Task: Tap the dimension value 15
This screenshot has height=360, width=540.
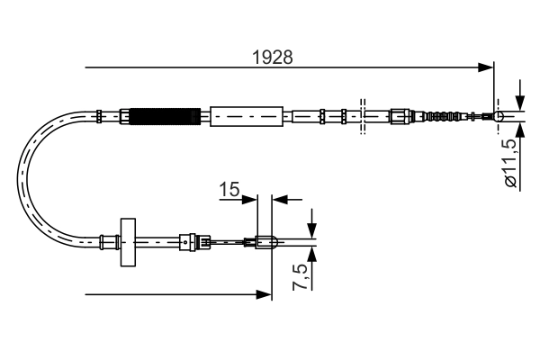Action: pyautogui.click(x=229, y=190)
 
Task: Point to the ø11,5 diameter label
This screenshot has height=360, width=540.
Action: pyautogui.click(x=510, y=163)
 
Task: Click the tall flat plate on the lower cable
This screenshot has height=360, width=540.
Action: pyautogui.click(x=127, y=240)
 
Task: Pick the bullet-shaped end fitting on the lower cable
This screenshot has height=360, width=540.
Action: pyautogui.click(x=264, y=240)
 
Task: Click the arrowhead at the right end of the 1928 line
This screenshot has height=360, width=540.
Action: pyautogui.click(x=488, y=67)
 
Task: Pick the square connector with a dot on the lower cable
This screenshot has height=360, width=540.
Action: pyautogui.click(x=185, y=240)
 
